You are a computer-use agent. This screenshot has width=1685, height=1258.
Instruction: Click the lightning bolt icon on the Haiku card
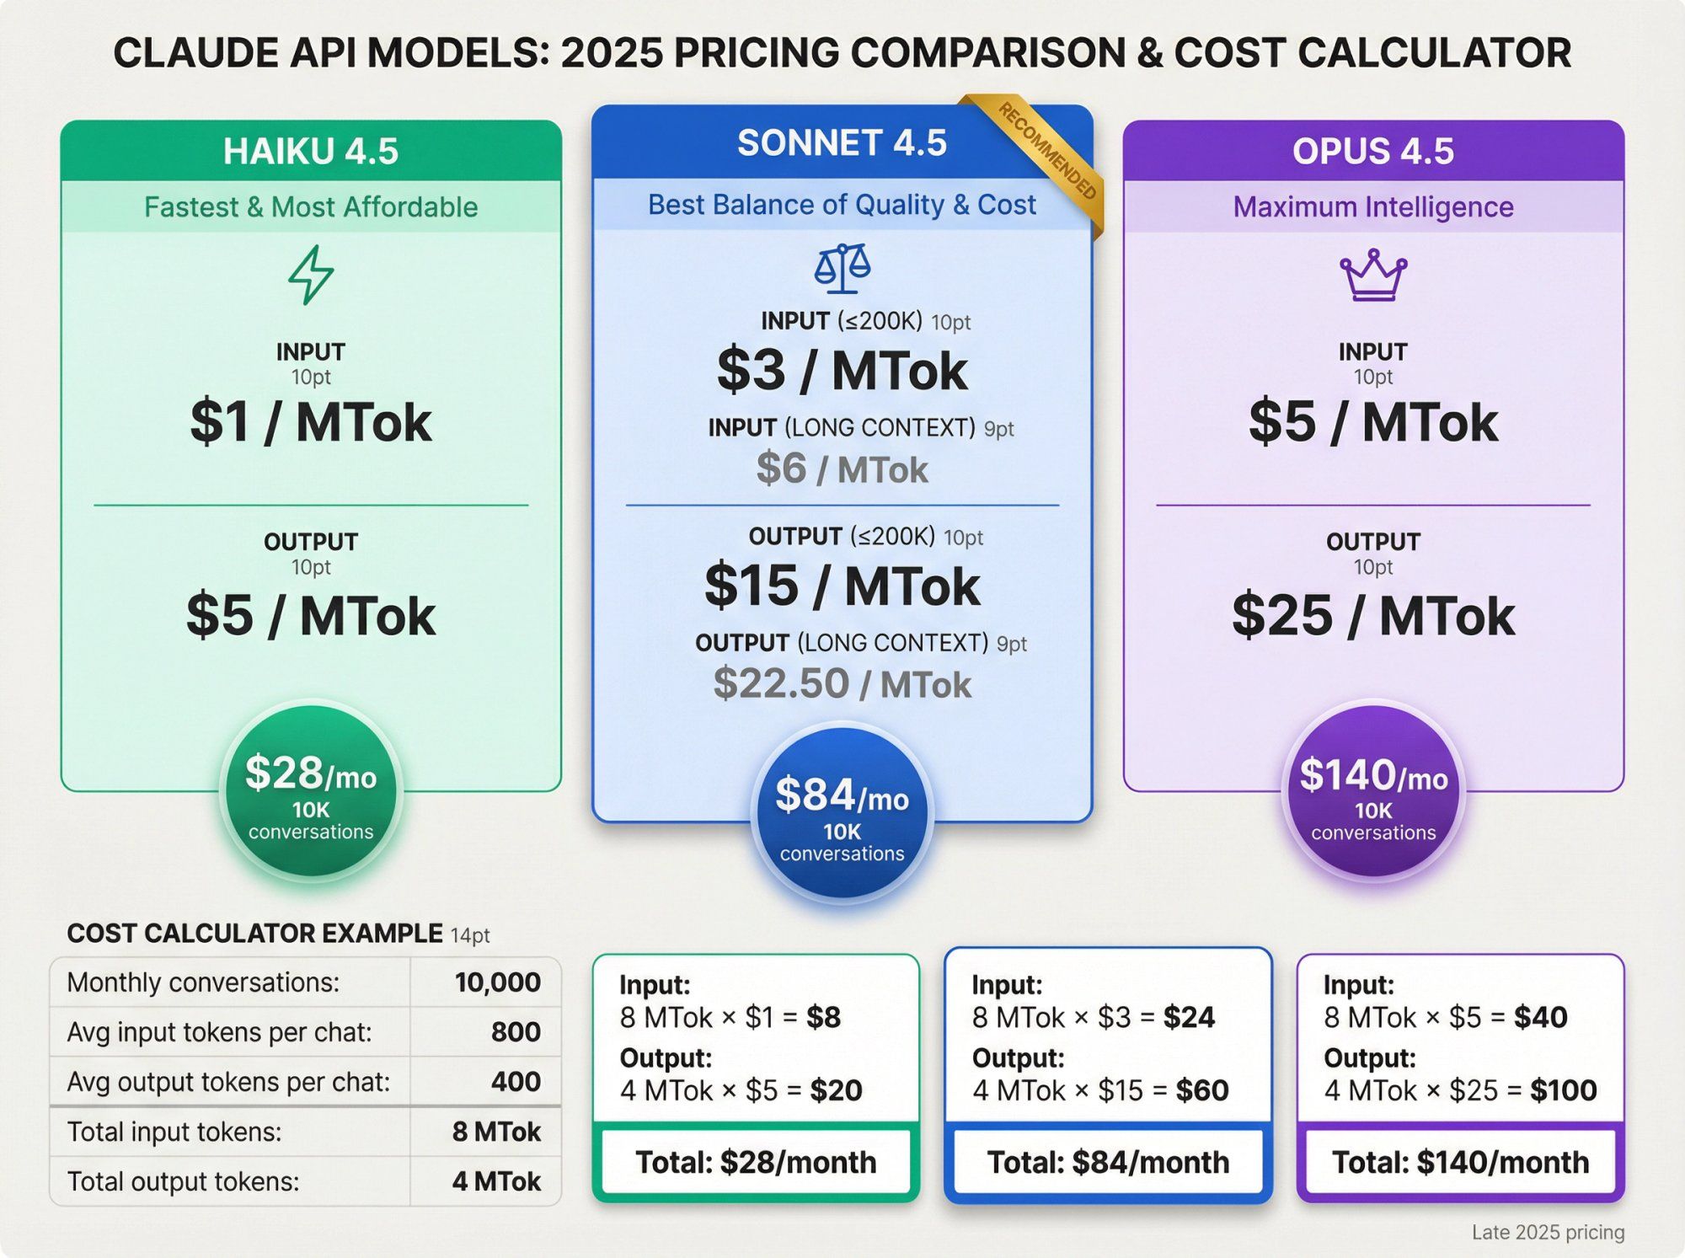pyautogui.click(x=311, y=275)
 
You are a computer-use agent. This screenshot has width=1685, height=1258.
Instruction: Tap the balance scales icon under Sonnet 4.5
pyautogui.click(x=842, y=269)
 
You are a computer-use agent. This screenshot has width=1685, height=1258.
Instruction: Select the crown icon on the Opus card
pyautogui.click(x=1373, y=275)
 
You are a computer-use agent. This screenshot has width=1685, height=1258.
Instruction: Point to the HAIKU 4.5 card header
pyautogui.click(x=311, y=152)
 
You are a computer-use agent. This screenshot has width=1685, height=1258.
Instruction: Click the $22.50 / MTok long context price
pyautogui.click(x=842, y=683)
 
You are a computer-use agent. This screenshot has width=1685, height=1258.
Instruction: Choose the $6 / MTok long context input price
pyautogui.click(x=842, y=468)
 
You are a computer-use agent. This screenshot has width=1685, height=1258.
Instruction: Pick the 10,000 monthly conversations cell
pyautogui.click(x=497, y=982)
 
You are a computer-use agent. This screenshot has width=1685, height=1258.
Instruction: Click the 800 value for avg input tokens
pyautogui.click(x=516, y=1032)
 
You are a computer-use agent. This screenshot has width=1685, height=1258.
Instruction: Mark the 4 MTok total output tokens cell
pyautogui.click(x=496, y=1181)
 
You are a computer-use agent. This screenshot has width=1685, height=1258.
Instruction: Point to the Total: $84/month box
pyautogui.click(x=1108, y=1163)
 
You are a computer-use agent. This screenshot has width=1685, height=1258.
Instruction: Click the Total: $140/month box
pyautogui.click(x=1460, y=1163)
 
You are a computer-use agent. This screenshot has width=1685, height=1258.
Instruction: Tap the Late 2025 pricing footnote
pyautogui.click(x=1548, y=1232)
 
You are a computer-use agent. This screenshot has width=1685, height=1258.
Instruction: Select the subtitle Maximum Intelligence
pyautogui.click(x=1373, y=206)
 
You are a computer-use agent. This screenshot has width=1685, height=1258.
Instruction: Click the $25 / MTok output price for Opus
pyautogui.click(x=1373, y=616)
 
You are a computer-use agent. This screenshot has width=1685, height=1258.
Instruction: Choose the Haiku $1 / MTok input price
pyautogui.click(x=311, y=422)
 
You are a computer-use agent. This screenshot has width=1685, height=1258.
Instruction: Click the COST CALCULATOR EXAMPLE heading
pyautogui.click(x=254, y=934)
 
